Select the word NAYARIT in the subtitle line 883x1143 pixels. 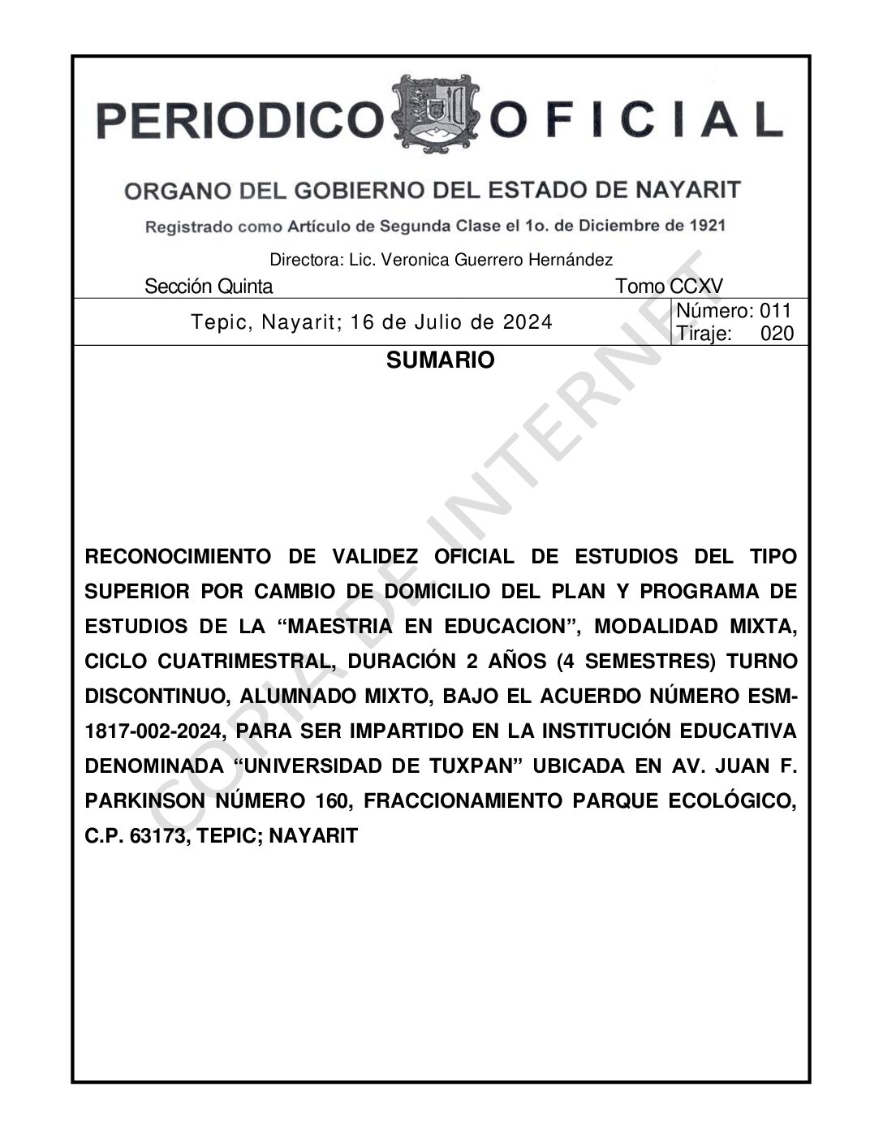(687, 190)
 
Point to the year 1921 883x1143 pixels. (705, 225)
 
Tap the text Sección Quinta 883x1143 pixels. (209, 287)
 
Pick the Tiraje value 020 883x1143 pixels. (777, 334)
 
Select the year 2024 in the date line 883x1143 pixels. (528, 322)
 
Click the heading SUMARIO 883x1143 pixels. (440, 360)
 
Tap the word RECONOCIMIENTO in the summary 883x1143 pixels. (178, 557)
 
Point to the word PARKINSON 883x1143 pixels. (145, 801)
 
